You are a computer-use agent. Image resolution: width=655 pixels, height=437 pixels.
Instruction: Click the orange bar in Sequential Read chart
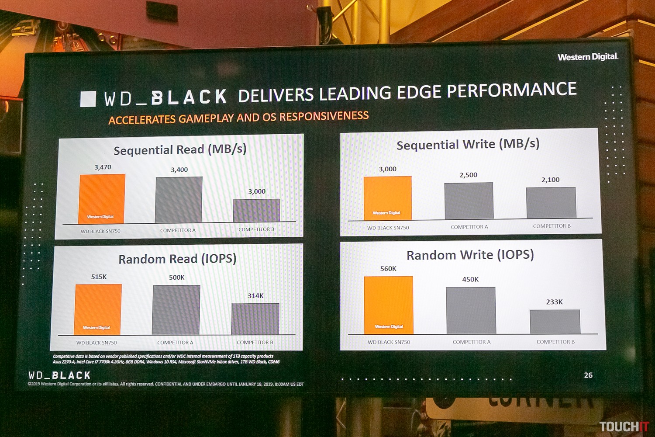102,198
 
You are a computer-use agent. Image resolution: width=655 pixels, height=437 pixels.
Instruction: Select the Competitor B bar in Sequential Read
257,211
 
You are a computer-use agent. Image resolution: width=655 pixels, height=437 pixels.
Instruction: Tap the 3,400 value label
179,170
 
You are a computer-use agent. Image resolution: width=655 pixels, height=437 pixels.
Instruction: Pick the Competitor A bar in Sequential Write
469,201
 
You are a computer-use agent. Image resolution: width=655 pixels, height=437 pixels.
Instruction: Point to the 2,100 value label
550,180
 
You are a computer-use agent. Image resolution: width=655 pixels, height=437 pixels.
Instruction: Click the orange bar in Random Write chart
388,305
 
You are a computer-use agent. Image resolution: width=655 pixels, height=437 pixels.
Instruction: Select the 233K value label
554,302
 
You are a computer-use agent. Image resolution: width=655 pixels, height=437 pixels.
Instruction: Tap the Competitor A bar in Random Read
176,310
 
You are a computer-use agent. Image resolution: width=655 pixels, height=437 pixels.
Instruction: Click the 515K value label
99,277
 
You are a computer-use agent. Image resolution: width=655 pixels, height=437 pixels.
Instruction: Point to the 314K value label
255,296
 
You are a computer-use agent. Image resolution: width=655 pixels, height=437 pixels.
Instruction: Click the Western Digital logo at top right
588,57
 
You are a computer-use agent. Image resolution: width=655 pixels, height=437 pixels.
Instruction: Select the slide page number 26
588,375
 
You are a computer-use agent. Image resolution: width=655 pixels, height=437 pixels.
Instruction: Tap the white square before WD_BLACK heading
88,99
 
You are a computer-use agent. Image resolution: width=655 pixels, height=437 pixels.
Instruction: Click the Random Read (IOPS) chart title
177,259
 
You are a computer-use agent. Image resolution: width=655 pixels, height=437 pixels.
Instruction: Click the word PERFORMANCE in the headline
511,90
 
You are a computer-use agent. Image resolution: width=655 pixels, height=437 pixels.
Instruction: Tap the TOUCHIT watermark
624,427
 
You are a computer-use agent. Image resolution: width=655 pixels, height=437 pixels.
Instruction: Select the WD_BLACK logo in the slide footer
59,375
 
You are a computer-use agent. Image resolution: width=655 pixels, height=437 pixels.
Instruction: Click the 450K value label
470,280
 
